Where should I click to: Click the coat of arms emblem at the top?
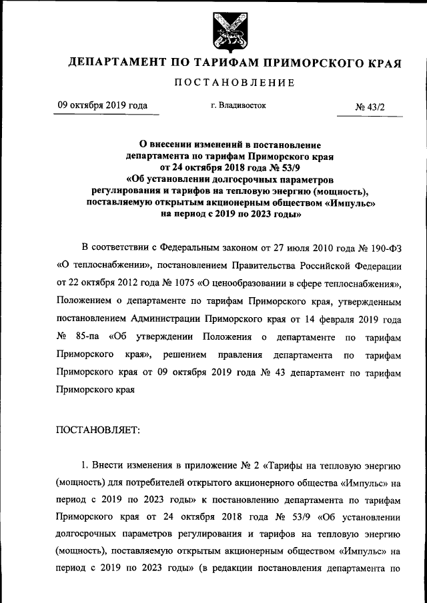(x=229, y=31)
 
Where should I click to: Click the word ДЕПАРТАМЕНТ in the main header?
(x=118, y=64)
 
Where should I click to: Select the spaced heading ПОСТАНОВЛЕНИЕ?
(x=234, y=83)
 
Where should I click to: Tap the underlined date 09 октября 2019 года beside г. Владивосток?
(x=102, y=105)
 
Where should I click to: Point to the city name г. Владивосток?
(x=238, y=105)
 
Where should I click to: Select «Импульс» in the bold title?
(x=348, y=203)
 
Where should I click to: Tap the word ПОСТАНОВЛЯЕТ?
(x=99, y=429)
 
